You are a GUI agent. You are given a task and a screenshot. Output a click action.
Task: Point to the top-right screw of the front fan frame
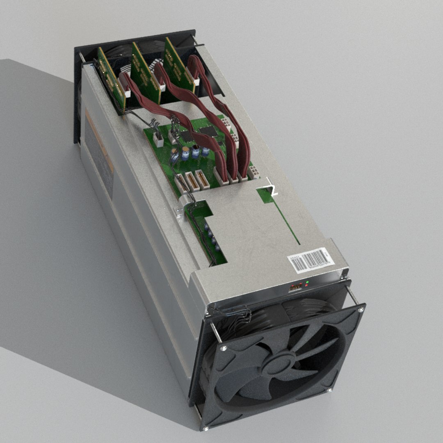tap(361, 310)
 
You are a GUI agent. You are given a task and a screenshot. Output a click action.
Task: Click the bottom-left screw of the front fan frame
tap(206, 428)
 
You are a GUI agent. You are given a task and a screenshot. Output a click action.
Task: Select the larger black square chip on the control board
tap(208, 130)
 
